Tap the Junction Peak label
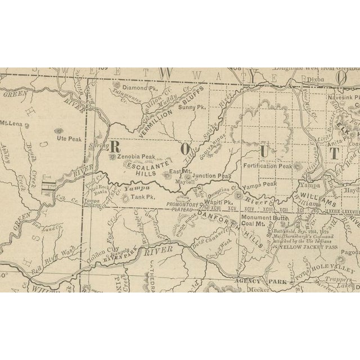click(215, 175)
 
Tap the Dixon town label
click(317, 80)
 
